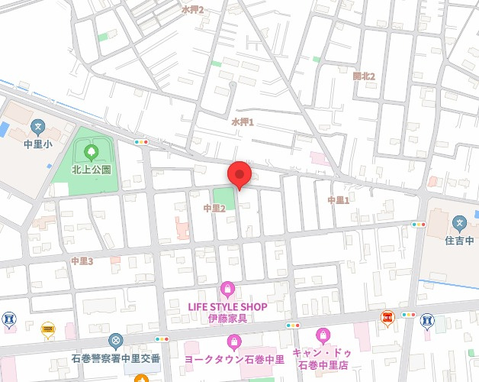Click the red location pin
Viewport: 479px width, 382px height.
coord(240,174)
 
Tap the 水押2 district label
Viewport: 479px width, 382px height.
coord(192,9)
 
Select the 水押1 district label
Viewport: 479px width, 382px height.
coord(242,121)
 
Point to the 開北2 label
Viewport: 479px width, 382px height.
coord(364,76)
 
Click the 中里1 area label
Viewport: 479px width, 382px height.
coord(338,200)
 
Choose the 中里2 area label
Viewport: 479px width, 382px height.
coord(214,208)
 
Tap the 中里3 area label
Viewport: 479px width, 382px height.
coord(82,261)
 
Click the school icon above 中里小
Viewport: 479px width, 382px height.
coord(37,126)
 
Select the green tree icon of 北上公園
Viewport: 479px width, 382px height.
coord(92,152)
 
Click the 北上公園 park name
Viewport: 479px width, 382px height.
coord(92,169)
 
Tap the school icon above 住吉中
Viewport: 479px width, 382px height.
coord(459,224)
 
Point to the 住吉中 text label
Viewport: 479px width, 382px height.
coord(459,241)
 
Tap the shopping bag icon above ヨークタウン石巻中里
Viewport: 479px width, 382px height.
coord(234,341)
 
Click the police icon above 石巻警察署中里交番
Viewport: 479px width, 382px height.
coord(116,341)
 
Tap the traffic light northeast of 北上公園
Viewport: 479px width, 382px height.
coord(141,142)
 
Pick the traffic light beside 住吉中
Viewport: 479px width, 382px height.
coord(418,225)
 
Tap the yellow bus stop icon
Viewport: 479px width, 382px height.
coord(48,329)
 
